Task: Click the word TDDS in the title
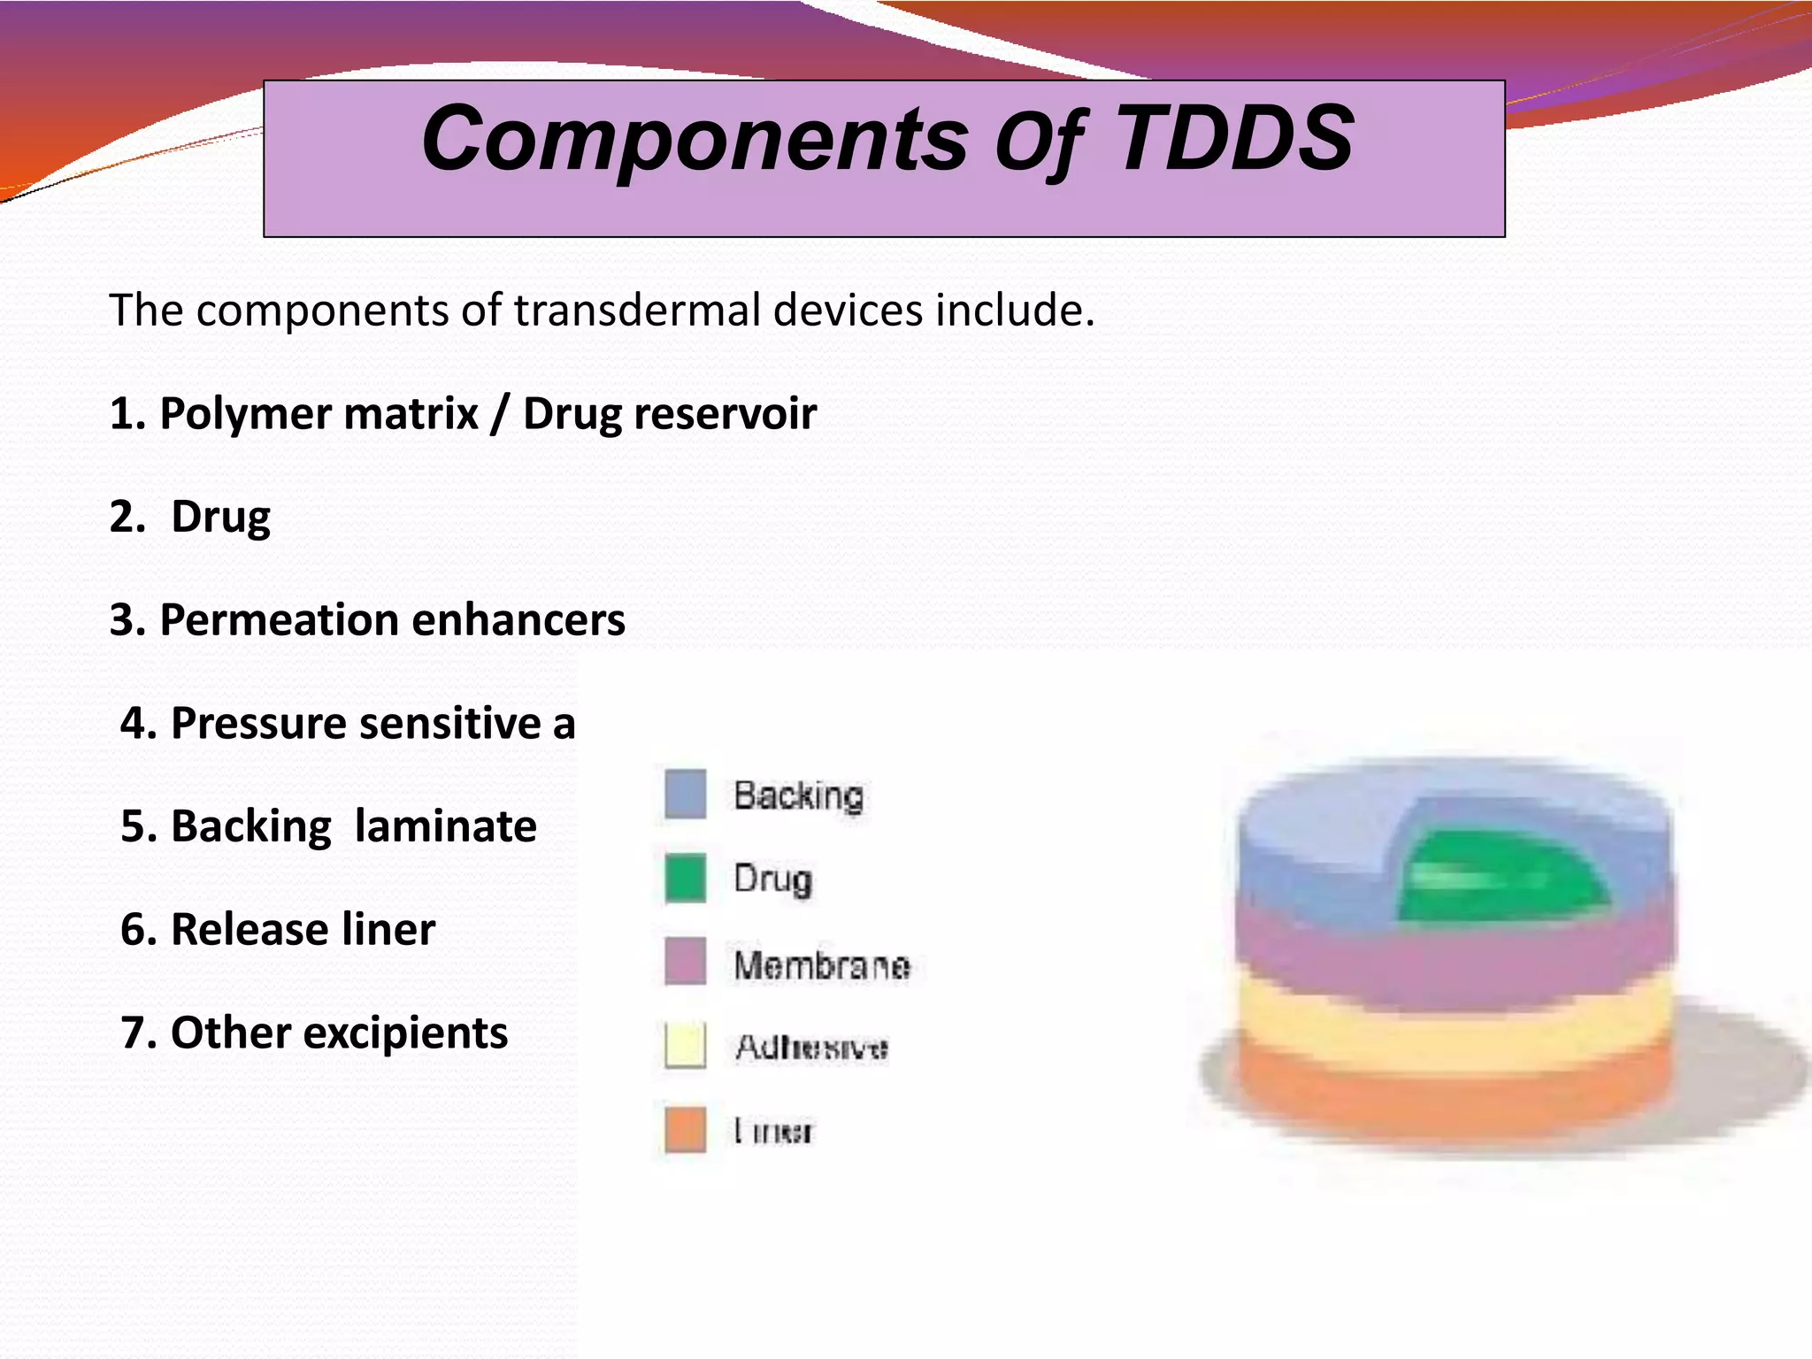pyautogui.click(x=1235, y=138)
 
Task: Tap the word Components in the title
pyautogui.click(x=695, y=140)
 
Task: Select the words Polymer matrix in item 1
pyautogui.click(x=319, y=413)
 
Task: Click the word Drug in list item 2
pyautogui.click(x=220, y=517)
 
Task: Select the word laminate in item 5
pyautogui.click(x=445, y=826)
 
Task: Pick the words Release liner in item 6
pyautogui.click(x=303, y=929)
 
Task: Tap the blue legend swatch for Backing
pyautogui.click(x=685, y=795)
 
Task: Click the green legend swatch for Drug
pyautogui.click(x=685, y=878)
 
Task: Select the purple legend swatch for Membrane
pyautogui.click(x=685, y=962)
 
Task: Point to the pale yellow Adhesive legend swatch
pyautogui.click(x=685, y=1046)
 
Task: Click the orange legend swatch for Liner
pyautogui.click(x=685, y=1130)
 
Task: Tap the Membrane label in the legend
pyautogui.click(x=821, y=964)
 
